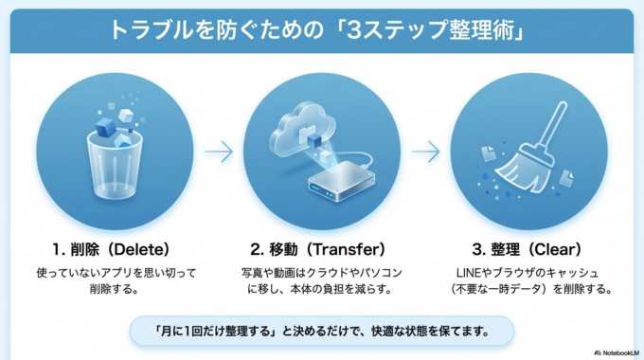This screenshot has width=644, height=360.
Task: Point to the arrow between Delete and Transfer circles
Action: (x=219, y=151)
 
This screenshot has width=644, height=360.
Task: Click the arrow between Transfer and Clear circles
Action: (x=426, y=151)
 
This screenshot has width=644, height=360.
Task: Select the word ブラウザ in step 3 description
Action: (x=511, y=273)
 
